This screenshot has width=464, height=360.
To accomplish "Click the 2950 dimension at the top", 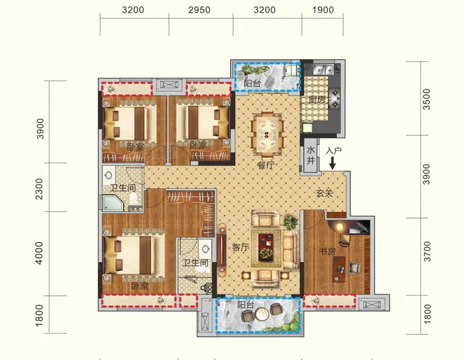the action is click(199, 10).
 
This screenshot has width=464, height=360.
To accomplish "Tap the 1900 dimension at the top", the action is click(323, 10).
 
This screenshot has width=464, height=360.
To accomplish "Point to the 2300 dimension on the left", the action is click(39, 188).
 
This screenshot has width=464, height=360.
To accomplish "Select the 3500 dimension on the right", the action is click(426, 99).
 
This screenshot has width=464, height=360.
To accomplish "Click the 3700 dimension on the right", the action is click(426, 251).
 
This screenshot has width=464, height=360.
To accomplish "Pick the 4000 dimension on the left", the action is click(39, 253).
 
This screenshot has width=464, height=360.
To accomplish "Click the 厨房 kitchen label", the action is click(317, 99).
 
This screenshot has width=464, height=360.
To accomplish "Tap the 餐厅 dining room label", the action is click(266, 165).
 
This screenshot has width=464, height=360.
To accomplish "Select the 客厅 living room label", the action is click(240, 247).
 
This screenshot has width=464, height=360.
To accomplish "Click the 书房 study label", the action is click(327, 251).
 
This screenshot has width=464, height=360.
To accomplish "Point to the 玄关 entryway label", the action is click(325, 193).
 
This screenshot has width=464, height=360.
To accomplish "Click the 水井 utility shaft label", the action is click(310, 155).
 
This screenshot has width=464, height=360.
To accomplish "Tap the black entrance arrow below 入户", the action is click(332, 163).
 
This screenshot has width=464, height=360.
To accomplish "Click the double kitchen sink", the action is click(323, 70).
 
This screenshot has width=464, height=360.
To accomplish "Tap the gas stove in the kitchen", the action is click(335, 98).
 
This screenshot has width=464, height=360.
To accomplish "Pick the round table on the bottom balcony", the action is click(262, 314).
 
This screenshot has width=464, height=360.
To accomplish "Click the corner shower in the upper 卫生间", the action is click(113, 203).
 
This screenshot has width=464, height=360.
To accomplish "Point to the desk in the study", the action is click(339, 269).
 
